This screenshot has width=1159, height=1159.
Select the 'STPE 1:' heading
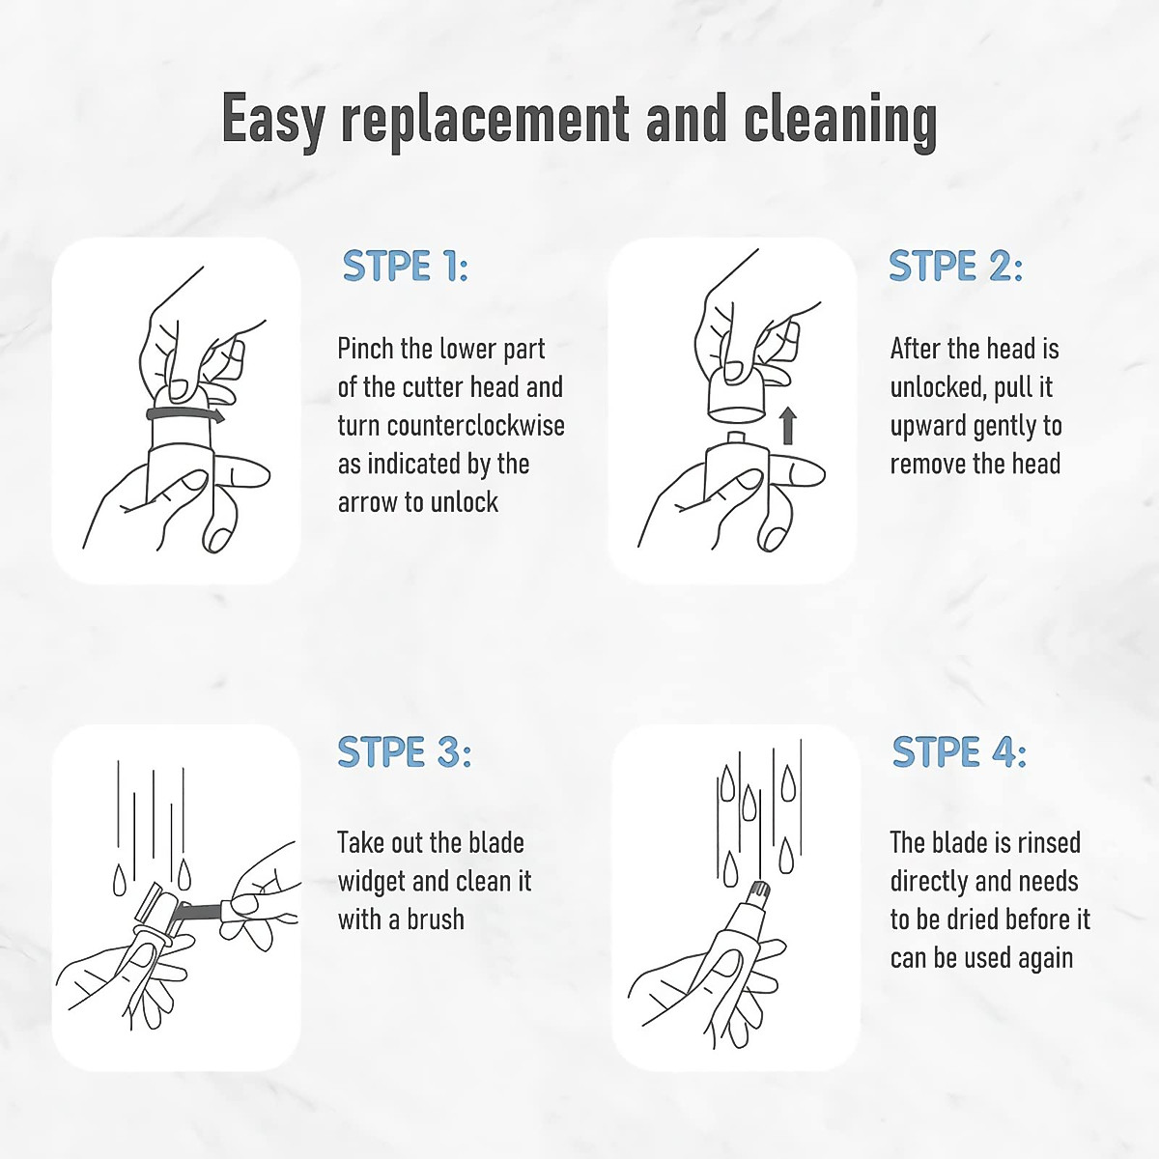pyautogui.click(x=405, y=266)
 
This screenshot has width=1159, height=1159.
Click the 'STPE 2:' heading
pyautogui.click(x=956, y=266)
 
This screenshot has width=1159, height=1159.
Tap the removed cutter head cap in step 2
pyautogui.click(x=736, y=395)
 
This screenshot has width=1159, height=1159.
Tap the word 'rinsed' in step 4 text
pyautogui.click(x=1047, y=842)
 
